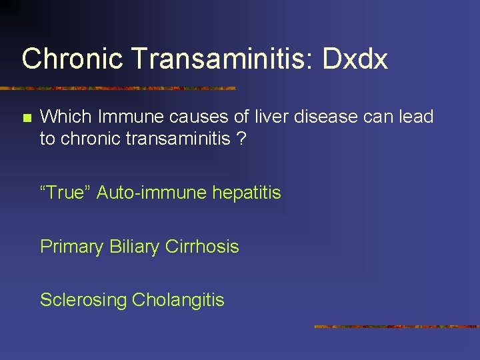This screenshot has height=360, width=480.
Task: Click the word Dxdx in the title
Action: click(355, 59)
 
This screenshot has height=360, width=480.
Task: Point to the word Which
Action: click(66, 117)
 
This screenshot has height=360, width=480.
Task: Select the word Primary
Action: click(71, 247)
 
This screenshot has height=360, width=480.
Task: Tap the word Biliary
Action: click(136, 247)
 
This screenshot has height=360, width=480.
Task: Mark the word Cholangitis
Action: click(178, 300)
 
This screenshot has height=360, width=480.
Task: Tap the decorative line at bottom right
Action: click(397, 327)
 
